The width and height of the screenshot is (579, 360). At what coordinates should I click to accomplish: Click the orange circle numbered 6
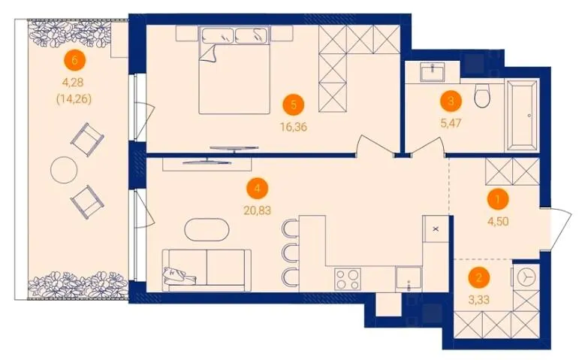tap(74, 60)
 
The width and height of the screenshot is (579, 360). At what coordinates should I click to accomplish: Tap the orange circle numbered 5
tap(294, 104)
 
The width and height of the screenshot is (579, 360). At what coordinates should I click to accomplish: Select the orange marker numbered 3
tap(451, 101)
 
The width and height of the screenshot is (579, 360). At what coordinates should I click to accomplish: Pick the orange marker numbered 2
tap(479, 277)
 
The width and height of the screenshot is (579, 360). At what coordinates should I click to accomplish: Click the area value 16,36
tap(294, 128)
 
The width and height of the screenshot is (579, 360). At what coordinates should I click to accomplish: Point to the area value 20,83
tap(258, 210)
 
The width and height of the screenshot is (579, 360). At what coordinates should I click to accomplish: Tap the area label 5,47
tap(451, 123)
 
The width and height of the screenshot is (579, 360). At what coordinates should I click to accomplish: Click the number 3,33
tap(479, 300)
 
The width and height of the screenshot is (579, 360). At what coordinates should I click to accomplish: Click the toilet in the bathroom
tap(483, 95)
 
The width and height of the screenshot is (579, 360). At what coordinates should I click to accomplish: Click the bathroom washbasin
tap(433, 71)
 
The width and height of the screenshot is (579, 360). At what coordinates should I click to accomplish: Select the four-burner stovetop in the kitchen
tap(348, 279)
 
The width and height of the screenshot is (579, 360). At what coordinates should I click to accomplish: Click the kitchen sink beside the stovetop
tap(409, 279)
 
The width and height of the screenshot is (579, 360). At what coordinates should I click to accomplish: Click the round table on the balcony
tap(64, 170)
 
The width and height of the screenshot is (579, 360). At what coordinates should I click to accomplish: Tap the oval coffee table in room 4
tap(207, 229)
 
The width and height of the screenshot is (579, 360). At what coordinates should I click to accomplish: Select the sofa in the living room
tap(207, 268)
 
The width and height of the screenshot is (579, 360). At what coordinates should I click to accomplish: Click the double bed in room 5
tap(234, 70)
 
